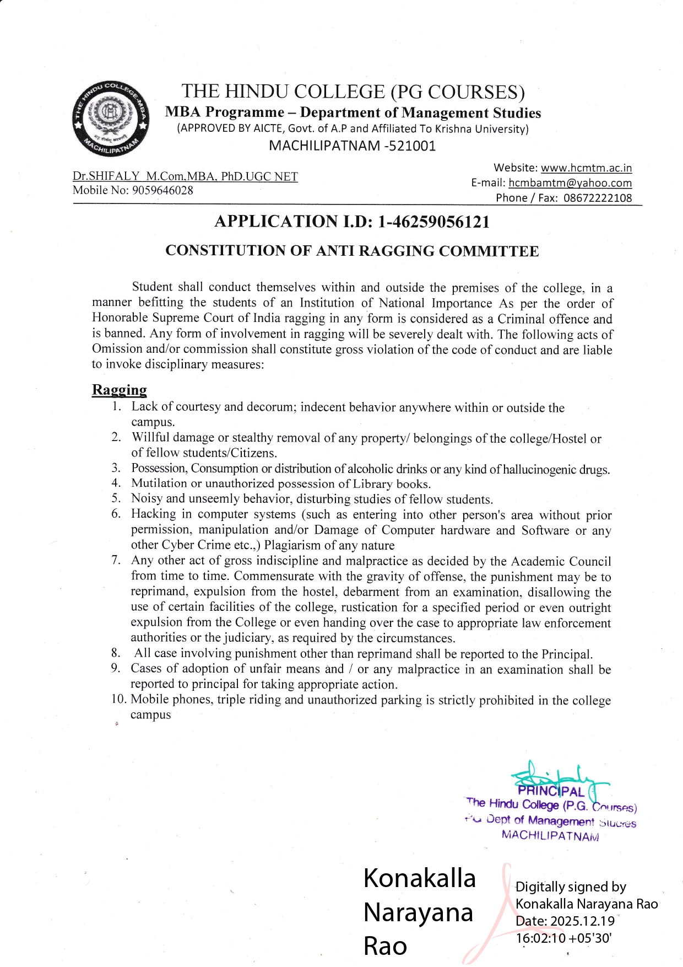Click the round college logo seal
(111, 119)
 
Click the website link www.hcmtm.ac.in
(586, 168)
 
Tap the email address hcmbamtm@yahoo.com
(570, 182)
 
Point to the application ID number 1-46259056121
(433, 222)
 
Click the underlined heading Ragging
(119, 390)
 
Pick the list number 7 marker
(116, 560)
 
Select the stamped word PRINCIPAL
(551, 792)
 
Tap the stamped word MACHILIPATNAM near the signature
(550, 835)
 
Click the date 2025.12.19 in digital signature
(582, 921)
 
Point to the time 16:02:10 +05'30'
(563, 938)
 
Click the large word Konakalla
(419, 878)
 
